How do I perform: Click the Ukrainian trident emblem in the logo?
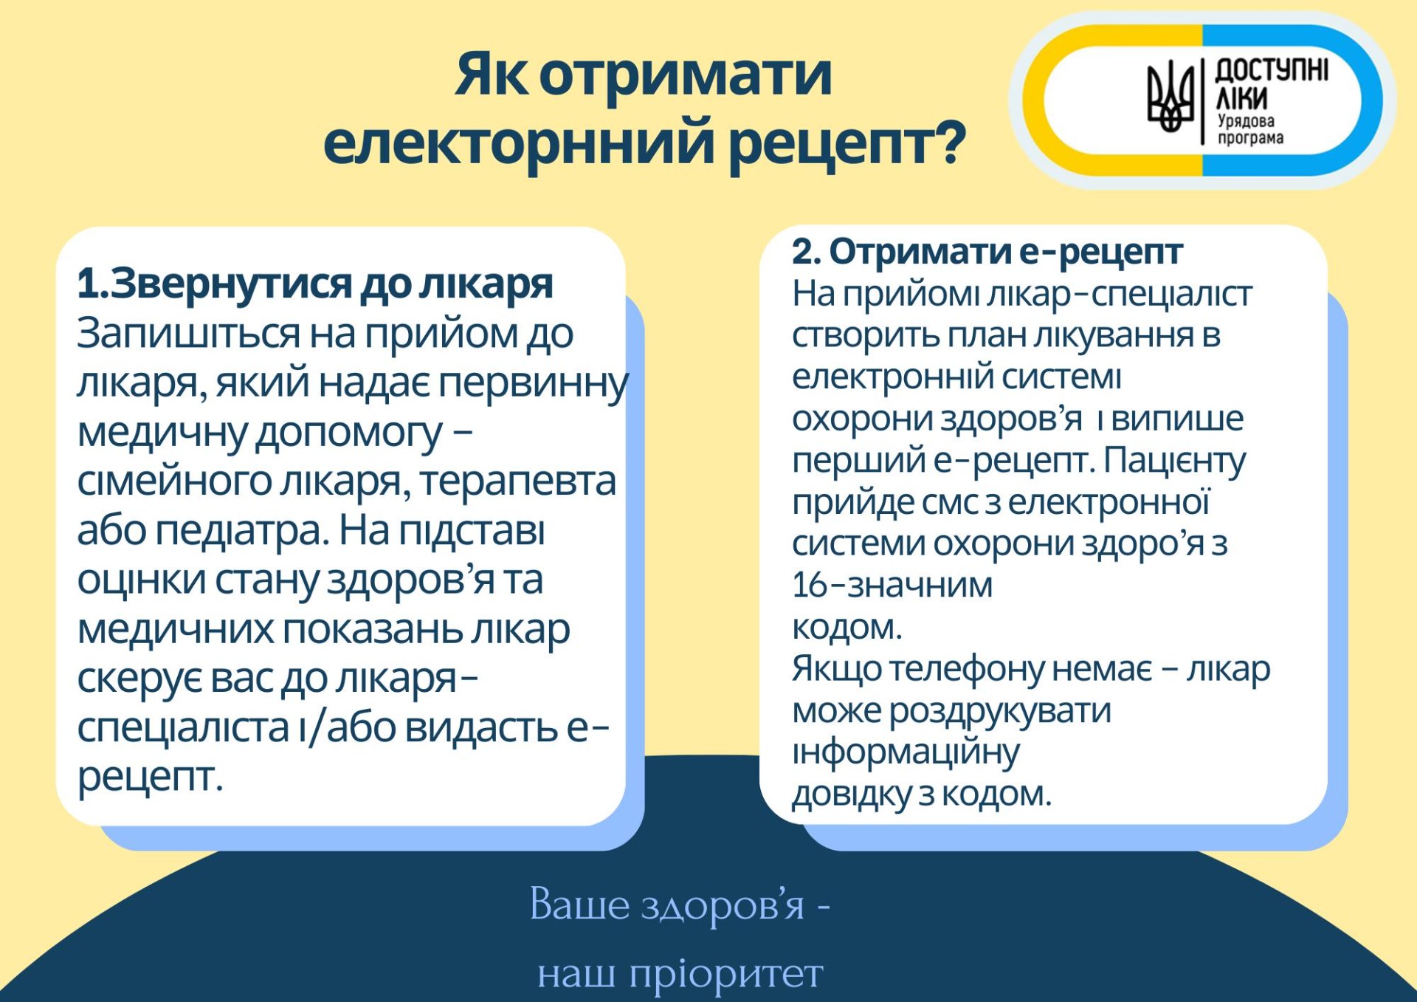tap(1171, 97)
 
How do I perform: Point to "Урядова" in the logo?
tap(1246, 120)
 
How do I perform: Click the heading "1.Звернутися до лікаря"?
tap(315, 284)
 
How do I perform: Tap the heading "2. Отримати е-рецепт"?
tap(987, 252)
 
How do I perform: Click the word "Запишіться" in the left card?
tap(189, 334)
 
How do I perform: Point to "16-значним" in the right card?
tap(892, 586)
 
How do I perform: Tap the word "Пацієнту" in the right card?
tap(1175, 461)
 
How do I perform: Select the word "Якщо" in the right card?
tap(837, 670)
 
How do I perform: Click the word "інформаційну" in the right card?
tap(906, 753)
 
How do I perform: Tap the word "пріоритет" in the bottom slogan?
tap(726, 975)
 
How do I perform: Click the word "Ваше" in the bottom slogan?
tap(579, 905)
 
